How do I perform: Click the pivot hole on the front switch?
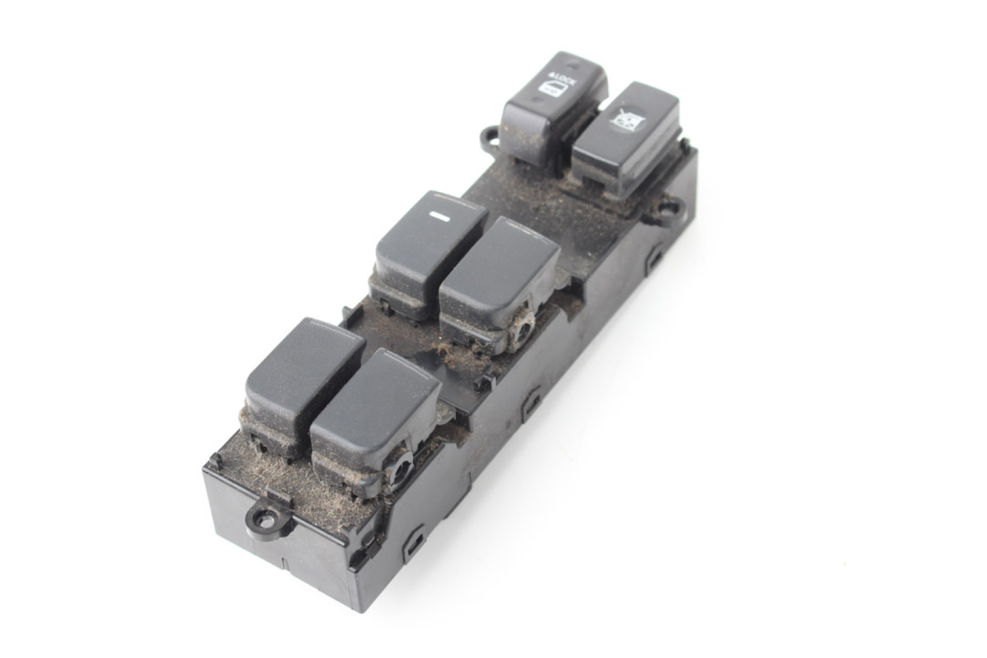pyautogui.click(x=400, y=472)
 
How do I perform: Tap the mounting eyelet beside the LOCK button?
pyautogui.click(x=492, y=136)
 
